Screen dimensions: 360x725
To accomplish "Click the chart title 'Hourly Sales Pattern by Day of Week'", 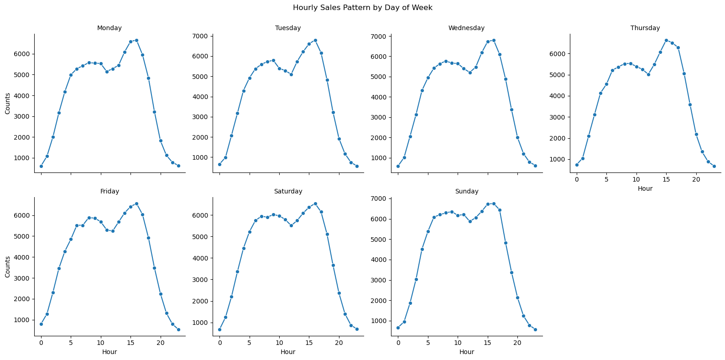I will click(362, 8).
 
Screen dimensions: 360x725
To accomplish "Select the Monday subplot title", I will click(110, 28).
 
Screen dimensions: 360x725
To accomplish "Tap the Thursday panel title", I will click(645, 28).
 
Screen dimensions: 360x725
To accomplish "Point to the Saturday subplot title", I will click(288, 192).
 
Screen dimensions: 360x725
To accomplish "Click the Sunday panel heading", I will click(466, 192).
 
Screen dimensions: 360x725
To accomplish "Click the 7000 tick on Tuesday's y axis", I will click(201, 36).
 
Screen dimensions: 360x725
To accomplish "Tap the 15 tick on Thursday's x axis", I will click(666, 180).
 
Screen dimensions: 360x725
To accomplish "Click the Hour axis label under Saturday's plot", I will click(288, 352).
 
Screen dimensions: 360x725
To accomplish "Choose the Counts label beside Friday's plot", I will click(8, 267).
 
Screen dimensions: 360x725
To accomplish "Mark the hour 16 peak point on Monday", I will click(136, 40).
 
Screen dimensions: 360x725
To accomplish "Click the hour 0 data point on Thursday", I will click(577, 165).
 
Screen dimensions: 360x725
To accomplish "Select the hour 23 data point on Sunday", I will click(535, 329).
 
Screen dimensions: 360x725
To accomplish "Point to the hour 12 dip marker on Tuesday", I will click(291, 74).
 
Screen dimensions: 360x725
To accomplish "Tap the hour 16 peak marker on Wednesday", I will click(494, 40).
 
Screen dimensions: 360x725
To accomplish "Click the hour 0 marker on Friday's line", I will click(41, 324).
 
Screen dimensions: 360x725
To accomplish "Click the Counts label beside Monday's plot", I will click(8, 104).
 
